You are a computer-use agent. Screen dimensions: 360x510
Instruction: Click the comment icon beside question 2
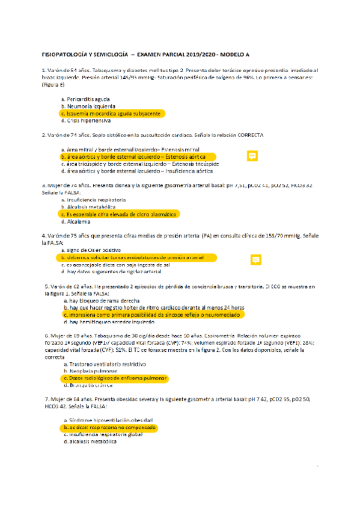tap(253, 156)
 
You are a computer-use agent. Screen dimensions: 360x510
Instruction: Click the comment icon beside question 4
tap(255, 260)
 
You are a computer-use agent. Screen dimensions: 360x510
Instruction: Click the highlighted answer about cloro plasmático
tap(120, 214)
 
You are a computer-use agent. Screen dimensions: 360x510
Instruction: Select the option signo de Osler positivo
tap(93, 249)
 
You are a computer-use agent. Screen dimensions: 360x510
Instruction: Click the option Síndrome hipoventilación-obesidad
tap(109, 419)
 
